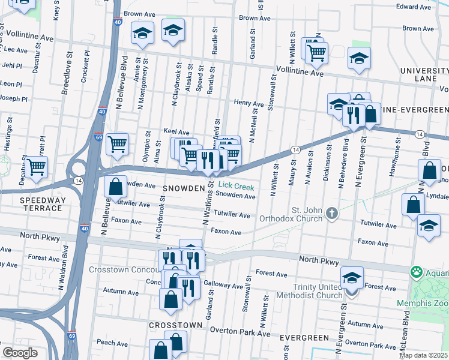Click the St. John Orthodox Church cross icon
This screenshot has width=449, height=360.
(331, 214)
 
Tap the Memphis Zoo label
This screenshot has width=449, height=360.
(422, 303)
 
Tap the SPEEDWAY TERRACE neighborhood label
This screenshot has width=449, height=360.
(41, 204)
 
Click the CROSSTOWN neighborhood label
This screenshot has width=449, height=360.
(175, 325)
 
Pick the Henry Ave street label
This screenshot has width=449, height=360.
(249, 104)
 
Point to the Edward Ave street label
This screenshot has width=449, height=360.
(414, 7)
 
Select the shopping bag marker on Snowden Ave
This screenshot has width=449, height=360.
(116, 187)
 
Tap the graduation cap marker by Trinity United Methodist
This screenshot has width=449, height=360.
(352, 278)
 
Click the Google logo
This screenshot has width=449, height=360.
(20, 353)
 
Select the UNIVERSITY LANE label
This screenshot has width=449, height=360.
(424, 75)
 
